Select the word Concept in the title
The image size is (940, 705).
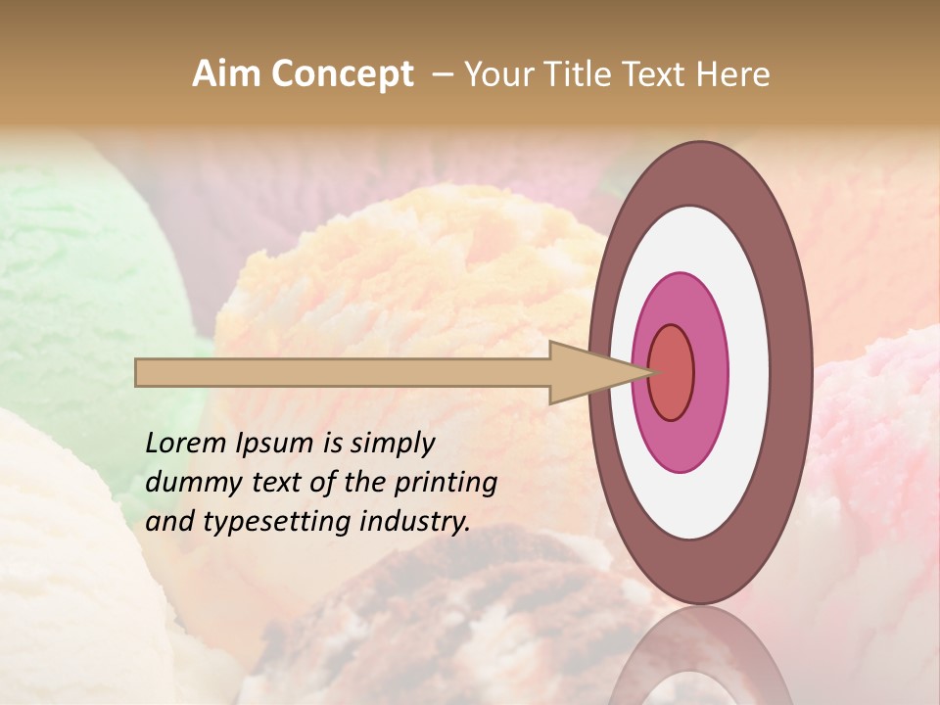coord(344,75)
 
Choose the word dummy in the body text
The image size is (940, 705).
coord(187,483)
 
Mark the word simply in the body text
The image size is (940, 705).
coord(393,445)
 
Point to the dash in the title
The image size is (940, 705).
coord(443,75)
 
